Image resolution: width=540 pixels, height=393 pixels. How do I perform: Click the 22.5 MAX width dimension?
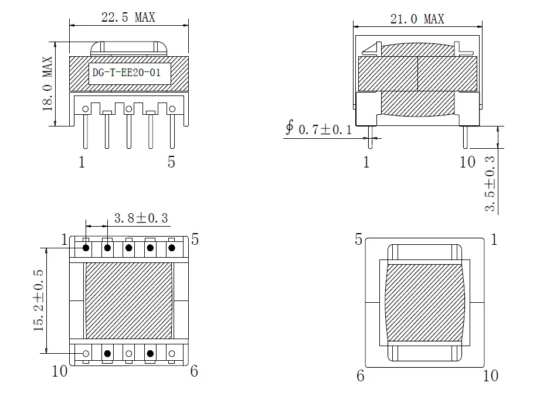click(128, 17)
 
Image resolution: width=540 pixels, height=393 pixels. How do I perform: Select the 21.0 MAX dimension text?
click(417, 19)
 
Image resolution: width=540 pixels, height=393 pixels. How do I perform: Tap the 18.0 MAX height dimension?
click(48, 84)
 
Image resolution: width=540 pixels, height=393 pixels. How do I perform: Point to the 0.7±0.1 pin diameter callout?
click(325, 129)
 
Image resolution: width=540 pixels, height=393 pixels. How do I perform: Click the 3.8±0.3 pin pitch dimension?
click(141, 218)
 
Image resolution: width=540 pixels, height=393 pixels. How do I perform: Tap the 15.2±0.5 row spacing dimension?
click(39, 300)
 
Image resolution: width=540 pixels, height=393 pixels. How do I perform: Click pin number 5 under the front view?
click(171, 162)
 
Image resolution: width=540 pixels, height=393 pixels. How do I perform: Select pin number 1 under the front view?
click(82, 162)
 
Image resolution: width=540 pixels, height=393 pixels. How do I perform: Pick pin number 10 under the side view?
click(467, 162)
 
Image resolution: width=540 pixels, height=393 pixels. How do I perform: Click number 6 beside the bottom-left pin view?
click(194, 371)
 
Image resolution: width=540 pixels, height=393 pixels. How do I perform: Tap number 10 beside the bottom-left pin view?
click(60, 371)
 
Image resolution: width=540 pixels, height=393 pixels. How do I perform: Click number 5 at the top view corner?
click(359, 239)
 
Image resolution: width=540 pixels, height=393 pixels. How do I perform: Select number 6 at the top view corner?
click(360, 375)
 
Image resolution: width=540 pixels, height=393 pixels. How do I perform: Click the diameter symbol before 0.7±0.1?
click(290, 128)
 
